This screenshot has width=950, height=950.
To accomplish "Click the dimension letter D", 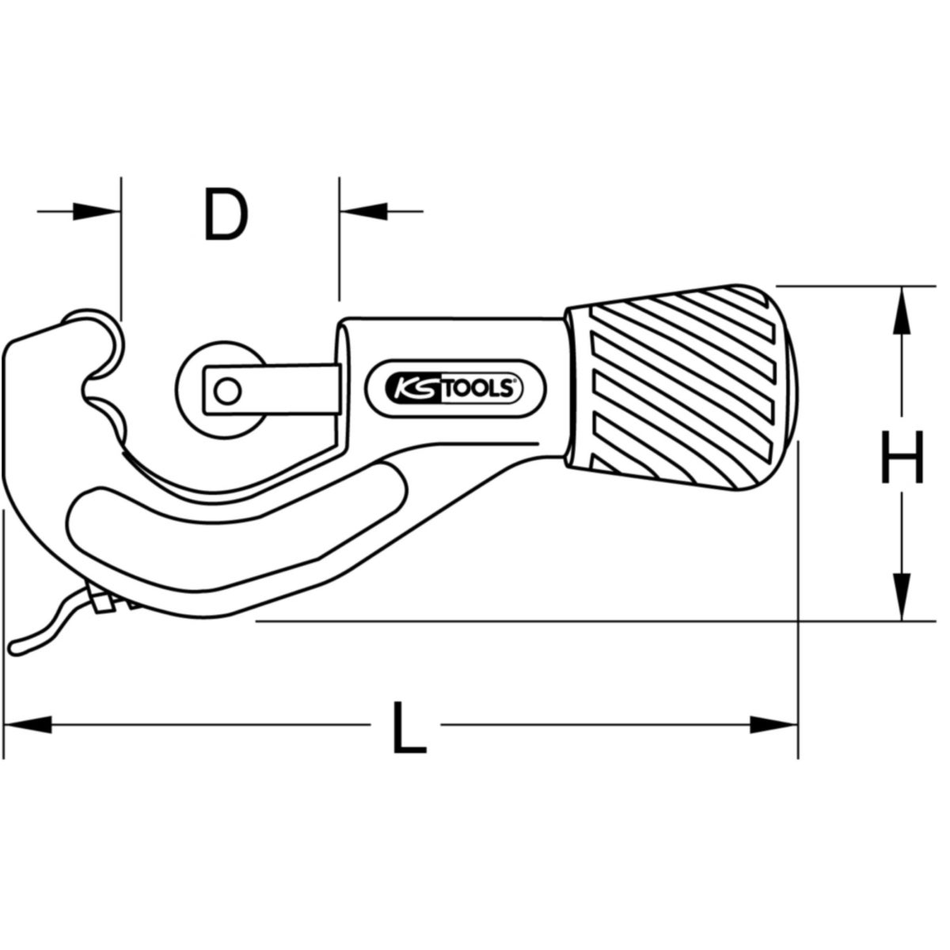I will pyautogui.click(x=226, y=215).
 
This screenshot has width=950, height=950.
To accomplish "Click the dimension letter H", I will pyautogui.click(x=902, y=458).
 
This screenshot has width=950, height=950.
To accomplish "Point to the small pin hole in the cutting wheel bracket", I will pyautogui.click(x=228, y=389).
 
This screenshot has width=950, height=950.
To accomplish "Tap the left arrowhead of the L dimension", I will pyautogui.click(x=28, y=724).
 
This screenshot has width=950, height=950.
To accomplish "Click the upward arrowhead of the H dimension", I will pyautogui.click(x=902, y=313).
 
